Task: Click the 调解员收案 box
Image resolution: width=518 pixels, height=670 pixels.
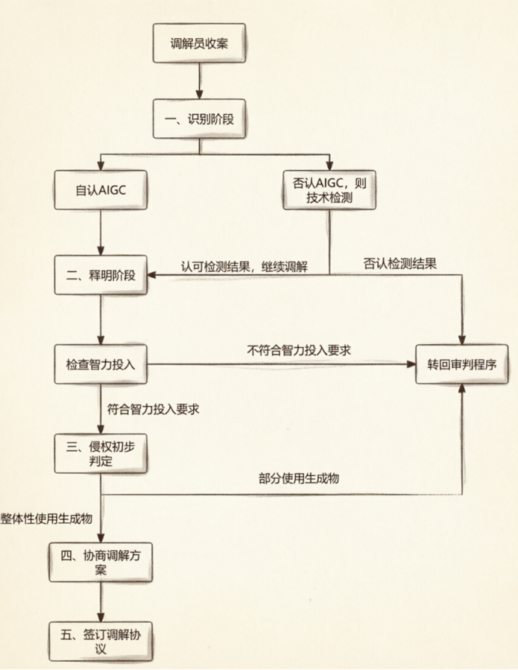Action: pos(199,43)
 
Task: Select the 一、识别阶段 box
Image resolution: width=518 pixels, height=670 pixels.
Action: pos(199,119)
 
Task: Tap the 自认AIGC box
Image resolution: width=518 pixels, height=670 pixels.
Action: pos(101,190)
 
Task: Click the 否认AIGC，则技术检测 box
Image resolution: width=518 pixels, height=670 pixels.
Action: pos(329,190)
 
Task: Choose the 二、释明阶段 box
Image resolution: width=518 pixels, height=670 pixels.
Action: pos(101,275)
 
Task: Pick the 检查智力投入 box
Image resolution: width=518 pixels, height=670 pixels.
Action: pos(101,364)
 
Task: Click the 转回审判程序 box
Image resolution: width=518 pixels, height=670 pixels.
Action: pos(462,364)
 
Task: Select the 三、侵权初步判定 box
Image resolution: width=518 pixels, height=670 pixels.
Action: pos(101,453)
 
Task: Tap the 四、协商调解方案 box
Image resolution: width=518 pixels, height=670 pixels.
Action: pos(101,562)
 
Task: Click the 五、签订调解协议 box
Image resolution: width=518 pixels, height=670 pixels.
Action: pos(101,642)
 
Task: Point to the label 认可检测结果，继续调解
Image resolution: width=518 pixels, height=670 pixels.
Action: pos(244,267)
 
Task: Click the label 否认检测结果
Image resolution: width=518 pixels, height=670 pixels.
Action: pos(400,263)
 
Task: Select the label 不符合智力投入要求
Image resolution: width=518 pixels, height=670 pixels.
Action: pos(299,351)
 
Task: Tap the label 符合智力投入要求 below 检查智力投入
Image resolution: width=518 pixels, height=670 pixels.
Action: pos(153,409)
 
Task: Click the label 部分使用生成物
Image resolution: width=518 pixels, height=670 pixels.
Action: pos(299,477)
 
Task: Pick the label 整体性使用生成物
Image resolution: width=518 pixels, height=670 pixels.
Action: pos(46,519)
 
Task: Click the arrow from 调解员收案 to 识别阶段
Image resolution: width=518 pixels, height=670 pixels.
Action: pos(199,81)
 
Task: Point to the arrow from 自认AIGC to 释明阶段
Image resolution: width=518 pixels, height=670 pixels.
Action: pos(101,232)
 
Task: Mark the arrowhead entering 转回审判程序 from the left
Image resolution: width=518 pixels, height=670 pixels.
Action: pos(411,364)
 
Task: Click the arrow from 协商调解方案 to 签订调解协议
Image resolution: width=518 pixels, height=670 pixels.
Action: pos(101,602)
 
